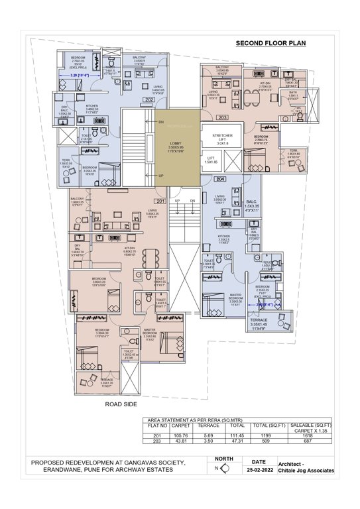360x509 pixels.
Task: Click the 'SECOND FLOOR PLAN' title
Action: coord(270,44)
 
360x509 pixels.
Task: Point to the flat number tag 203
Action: coord(222,117)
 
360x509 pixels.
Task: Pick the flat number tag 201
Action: coord(160,201)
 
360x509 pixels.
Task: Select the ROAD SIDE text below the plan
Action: coord(121,404)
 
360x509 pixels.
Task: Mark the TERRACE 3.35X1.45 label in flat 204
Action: coord(259,323)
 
